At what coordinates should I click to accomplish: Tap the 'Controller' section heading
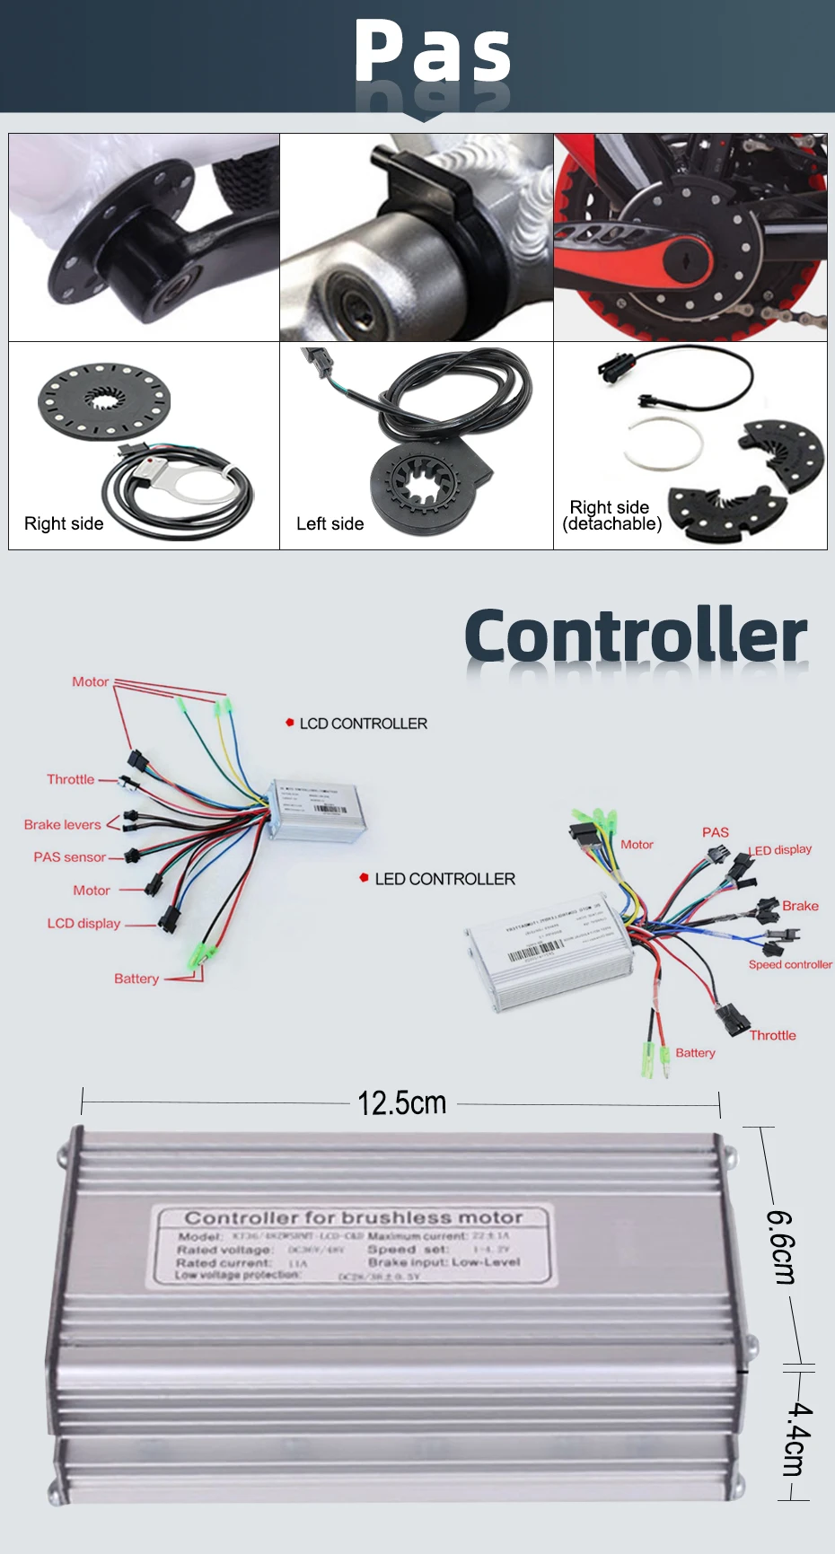tap(636, 636)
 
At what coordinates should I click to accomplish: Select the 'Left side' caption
tap(330, 523)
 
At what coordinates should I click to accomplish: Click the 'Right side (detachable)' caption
tap(611, 515)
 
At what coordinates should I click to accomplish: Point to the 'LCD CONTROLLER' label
tap(363, 724)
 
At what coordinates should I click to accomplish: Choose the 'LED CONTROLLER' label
tap(444, 879)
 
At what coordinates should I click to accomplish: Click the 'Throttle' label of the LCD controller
tap(70, 779)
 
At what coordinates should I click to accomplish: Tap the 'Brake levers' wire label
tap(62, 824)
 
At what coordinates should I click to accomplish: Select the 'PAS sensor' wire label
tap(69, 857)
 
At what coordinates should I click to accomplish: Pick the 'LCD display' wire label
tap(83, 923)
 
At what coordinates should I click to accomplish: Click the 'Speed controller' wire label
tap(790, 964)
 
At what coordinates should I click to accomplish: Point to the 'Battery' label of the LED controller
tap(695, 1052)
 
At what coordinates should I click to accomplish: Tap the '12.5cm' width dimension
tap(401, 1102)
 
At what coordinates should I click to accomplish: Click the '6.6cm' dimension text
tap(780, 1247)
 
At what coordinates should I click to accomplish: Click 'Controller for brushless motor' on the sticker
tap(354, 1218)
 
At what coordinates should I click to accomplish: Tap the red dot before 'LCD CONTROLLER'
tap(290, 722)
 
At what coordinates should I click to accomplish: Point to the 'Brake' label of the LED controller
tap(800, 906)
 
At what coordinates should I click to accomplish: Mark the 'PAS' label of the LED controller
tap(716, 832)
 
